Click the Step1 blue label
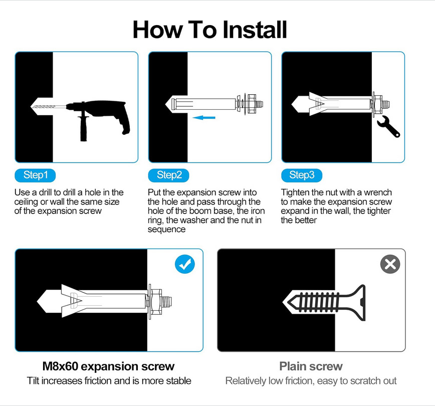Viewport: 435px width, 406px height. pyautogui.click(x=35, y=175)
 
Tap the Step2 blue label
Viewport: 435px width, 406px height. pyautogui.click(x=169, y=175)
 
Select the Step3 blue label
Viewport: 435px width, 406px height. pyautogui.click(x=302, y=175)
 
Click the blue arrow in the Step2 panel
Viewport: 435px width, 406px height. pyautogui.click(x=204, y=118)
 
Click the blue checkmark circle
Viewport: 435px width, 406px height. pyautogui.click(x=185, y=264)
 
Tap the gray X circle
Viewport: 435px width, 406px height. pyautogui.click(x=390, y=264)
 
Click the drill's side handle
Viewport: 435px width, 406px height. pyautogui.click(x=83, y=128)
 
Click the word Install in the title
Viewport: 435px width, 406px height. pyautogui.click(x=255, y=30)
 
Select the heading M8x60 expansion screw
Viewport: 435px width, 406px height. pyautogui.click(x=108, y=366)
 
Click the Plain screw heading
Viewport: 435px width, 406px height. pyautogui.click(x=311, y=366)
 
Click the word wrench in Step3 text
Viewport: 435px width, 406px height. pyautogui.click(x=378, y=192)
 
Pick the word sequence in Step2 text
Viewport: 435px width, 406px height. pyautogui.click(x=166, y=230)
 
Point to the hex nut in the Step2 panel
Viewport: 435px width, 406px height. pyautogui.click(x=252, y=104)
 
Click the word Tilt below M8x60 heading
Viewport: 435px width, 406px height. pyautogui.click(x=33, y=381)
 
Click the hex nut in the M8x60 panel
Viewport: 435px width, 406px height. pyautogui.click(x=156, y=301)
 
